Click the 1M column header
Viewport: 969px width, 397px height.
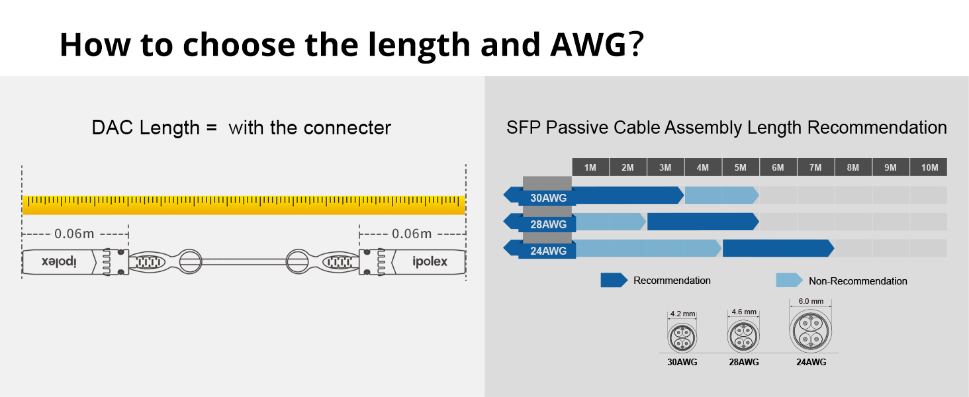(590, 167)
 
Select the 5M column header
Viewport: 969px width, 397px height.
(740, 167)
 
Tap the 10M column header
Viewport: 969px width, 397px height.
(929, 167)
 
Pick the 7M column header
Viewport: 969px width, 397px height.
(815, 167)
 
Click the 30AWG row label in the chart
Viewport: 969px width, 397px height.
(548, 197)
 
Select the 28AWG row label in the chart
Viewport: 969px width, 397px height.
(548, 224)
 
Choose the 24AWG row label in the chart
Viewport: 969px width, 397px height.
(548, 251)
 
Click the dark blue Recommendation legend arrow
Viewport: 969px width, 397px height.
(614, 281)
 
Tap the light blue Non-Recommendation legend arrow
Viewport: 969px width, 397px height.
(789, 281)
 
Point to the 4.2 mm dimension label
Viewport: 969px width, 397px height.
(681, 314)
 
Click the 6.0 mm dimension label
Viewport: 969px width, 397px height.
(811, 301)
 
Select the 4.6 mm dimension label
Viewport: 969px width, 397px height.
(743, 312)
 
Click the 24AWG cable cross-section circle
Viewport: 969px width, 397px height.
(811, 331)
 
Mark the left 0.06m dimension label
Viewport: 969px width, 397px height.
(75, 234)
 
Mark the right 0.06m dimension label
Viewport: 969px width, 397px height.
(412, 234)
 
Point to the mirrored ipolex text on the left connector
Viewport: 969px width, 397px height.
(60, 262)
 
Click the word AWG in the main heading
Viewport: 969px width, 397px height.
(586, 44)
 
